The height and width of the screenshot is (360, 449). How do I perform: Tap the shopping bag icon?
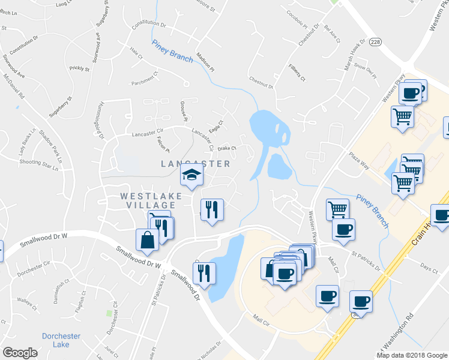coord(147,241)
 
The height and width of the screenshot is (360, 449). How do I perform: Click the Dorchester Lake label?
coord(56,340)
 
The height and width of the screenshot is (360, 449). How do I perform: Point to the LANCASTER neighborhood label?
coord(196,164)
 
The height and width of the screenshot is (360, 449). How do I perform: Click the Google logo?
coord(20,352)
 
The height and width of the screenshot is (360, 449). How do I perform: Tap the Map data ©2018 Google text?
coord(411,355)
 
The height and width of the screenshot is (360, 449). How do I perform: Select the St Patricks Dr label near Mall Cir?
coord(367,261)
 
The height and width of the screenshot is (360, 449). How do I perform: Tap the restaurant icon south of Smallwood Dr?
coord(204,273)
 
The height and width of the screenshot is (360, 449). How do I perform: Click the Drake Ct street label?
coord(228,148)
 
